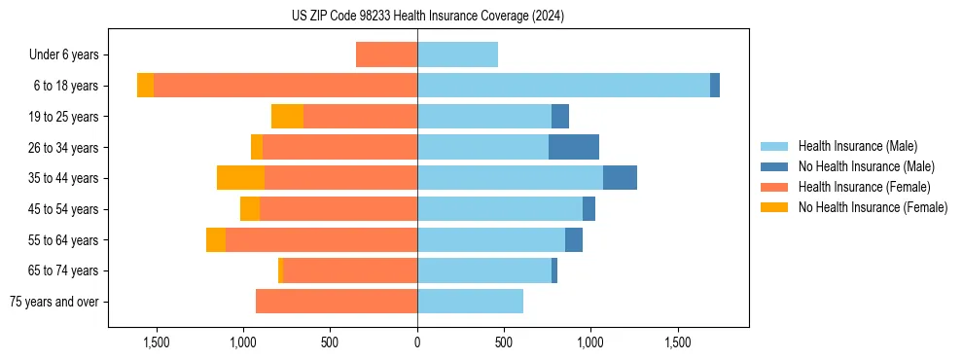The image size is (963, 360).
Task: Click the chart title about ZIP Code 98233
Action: coord(427,16)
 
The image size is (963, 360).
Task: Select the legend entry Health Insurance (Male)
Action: coord(857,146)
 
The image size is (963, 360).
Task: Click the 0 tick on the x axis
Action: coord(417,342)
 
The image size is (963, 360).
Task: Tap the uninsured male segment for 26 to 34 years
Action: coord(574,147)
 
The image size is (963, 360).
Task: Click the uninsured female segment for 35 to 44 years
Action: coord(240,178)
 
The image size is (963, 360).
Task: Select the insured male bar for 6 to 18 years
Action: coord(563,86)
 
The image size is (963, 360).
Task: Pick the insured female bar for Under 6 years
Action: coord(386,54)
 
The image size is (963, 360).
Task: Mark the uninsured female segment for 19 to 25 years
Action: coord(287,117)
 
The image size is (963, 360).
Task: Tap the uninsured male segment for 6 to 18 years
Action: coord(715,86)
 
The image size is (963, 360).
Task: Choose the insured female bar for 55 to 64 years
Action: coord(321,239)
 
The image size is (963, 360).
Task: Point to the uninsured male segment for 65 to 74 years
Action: coord(554,270)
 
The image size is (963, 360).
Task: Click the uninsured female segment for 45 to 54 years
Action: coord(250,209)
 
